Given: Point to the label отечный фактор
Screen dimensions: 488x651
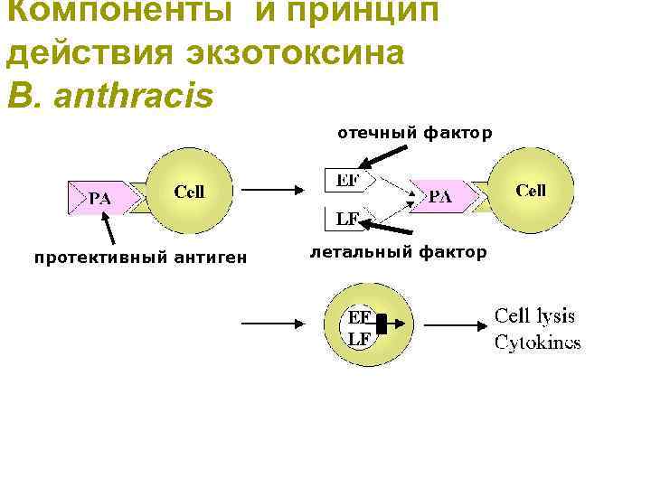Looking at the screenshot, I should pos(415,134).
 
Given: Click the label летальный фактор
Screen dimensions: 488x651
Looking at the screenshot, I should pos(398,252).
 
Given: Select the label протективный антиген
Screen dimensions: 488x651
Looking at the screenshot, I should pos(140,259).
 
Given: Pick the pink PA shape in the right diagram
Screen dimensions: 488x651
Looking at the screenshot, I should pos(442,196).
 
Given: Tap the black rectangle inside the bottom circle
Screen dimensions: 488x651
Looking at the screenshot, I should pos(382,324).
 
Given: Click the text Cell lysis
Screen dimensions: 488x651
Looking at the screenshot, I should pos(534,316).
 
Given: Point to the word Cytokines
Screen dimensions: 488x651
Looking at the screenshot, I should pos(537,343).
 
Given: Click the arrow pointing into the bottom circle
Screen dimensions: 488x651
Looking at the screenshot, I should pos(277,323).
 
